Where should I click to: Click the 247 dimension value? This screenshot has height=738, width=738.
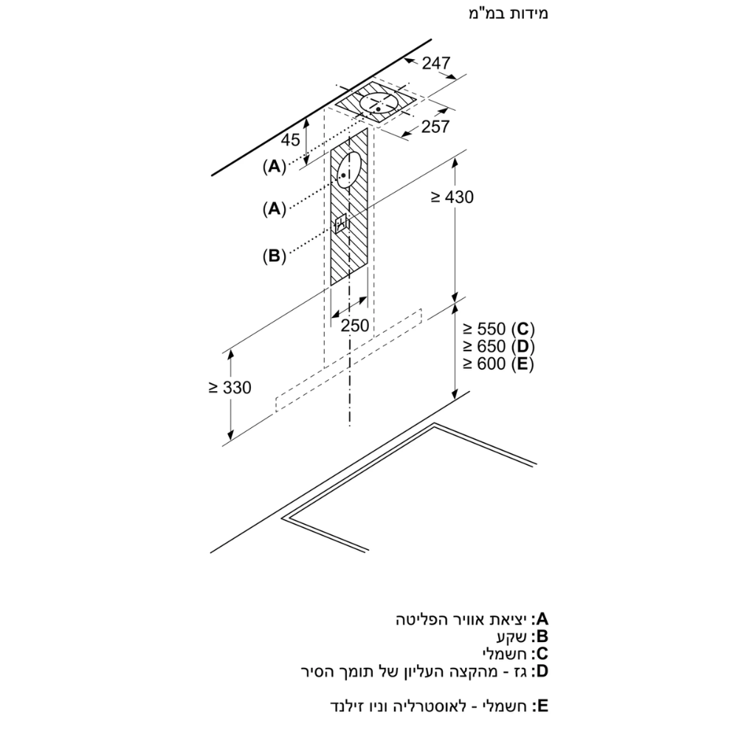[436, 64]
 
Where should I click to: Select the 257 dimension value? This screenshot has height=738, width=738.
[435, 127]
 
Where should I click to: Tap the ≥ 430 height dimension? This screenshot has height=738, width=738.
[452, 197]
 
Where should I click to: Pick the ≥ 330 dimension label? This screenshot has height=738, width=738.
[229, 388]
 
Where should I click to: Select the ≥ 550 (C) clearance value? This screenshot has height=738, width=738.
[498, 328]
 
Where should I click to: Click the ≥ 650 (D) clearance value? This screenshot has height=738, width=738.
[498, 346]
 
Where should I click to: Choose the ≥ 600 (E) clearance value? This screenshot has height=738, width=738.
[498, 364]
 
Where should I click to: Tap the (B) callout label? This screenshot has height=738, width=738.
[273, 256]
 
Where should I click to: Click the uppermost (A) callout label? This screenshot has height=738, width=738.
[273, 167]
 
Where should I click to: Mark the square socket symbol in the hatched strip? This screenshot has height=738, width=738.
[342, 223]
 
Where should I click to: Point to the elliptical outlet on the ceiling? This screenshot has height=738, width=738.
[379, 104]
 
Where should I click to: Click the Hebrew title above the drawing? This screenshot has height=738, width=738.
[508, 14]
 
